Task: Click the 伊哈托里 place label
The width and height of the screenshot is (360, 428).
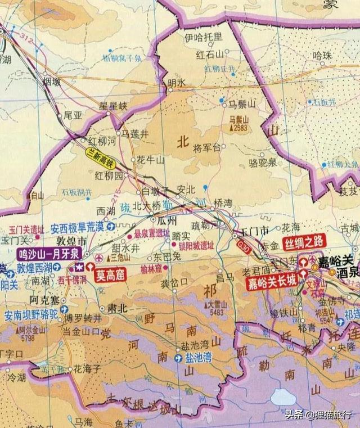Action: click(204, 37)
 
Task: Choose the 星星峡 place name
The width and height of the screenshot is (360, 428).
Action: click(114, 105)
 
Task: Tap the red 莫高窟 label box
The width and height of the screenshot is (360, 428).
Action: click(111, 275)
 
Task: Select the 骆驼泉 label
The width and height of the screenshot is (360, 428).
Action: click(262, 163)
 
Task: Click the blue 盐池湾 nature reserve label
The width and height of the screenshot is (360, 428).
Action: click(199, 358)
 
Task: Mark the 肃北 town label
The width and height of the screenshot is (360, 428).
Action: click(113, 309)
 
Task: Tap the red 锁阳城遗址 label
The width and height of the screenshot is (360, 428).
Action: click(197, 245)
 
